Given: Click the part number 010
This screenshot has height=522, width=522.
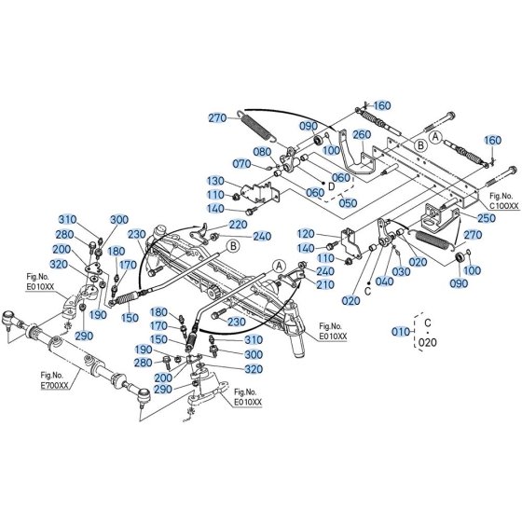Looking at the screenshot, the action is coord(401,332).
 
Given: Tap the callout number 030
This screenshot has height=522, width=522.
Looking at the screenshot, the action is coord(401,271).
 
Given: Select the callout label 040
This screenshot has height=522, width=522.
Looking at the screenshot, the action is coord(384,282).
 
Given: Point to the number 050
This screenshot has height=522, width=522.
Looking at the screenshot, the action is coord(348,203).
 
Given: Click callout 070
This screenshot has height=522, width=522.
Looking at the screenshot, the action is coord(241,163).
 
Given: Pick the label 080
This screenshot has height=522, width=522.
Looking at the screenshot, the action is coord(262,152).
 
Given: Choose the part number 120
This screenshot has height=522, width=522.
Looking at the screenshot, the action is coord(306,234).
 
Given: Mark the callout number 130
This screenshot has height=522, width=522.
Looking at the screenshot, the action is coord(215,181).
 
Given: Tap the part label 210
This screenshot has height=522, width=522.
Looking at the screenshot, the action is coord(325,284).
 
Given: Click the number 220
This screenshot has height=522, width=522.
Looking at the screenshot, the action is coord(238,225).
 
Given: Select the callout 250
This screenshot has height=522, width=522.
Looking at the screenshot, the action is coord(487,218).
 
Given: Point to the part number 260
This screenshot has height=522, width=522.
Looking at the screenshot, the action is coord(362,134).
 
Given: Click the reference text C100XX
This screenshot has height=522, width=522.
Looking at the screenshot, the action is coord(504,206).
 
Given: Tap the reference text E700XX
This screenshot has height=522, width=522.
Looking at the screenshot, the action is coord(54,385).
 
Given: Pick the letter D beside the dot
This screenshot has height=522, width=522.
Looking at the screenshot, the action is coord(332,186).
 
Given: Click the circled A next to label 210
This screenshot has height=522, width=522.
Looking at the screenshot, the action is coord(279,266).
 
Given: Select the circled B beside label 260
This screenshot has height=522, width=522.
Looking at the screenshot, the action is coord(420,145).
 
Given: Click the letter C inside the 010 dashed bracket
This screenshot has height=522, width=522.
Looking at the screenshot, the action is coord(428,323).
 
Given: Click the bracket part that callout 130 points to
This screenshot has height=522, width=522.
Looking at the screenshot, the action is coord(261,193).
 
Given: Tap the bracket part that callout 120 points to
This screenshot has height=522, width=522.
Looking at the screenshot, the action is coord(352,243).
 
